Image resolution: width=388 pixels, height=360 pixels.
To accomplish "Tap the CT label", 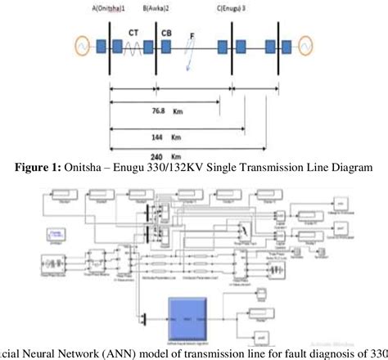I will point(133,34).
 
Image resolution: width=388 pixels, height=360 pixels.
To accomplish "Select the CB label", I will point(166,34).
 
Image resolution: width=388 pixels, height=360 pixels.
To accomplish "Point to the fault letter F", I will point(192,35).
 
